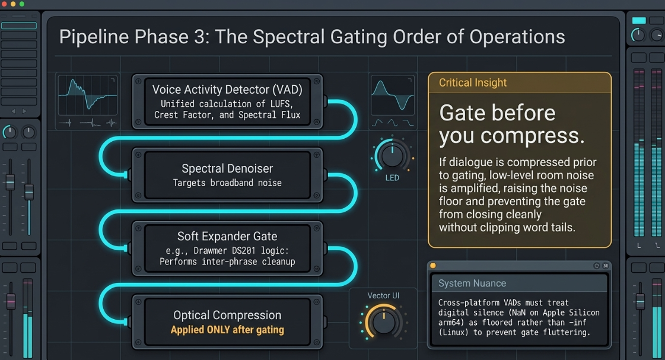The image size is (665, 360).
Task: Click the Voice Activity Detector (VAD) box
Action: [x=227, y=102]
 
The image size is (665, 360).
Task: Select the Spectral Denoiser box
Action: [x=227, y=175]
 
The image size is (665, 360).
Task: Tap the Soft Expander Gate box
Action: [x=227, y=249]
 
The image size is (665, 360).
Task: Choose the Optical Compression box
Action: [x=227, y=322]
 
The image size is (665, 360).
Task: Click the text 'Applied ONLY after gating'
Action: [x=227, y=330]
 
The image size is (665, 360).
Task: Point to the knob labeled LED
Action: [x=392, y=155]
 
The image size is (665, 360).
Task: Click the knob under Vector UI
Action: [x=383, y=322]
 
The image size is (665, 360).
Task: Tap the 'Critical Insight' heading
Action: [x=472, y=82]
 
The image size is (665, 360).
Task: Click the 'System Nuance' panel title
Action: [x=472, y=283]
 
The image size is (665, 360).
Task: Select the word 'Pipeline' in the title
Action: [x=94, y=37]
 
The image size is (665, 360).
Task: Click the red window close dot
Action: [x=4, y=4]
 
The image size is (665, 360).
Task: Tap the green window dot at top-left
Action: [x=21, y=4]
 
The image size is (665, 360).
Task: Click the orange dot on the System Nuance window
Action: [x=433, y=266]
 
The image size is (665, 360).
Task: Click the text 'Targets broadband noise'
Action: [x=227, y=183]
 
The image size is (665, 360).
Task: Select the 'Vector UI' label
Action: [x=383, y=295]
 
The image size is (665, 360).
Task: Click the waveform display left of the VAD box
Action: [x=88, y=96]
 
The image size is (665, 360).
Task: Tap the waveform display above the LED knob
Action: [x=393, y=96]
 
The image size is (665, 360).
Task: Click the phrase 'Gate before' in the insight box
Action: [x=497, y=113]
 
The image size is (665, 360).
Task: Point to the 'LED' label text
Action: [x=392, y=178]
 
